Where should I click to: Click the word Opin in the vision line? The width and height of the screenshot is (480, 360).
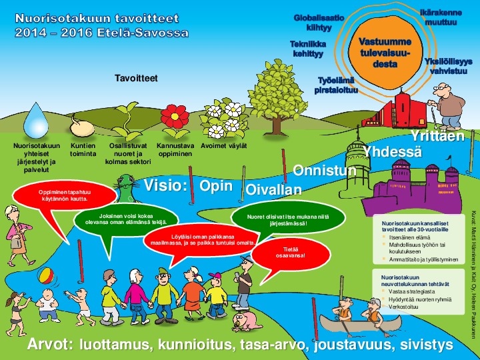[216, 185]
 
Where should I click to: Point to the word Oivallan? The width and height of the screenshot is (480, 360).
[274, 189]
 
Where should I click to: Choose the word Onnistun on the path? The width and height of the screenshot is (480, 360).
[325, 171]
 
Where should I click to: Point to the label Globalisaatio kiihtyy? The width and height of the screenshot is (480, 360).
[319, 23]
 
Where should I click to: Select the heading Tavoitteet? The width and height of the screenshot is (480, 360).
[136, 78]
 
